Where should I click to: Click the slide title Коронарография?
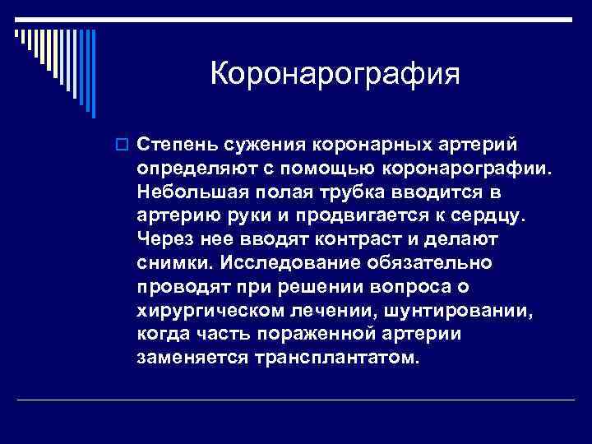click(335, 74)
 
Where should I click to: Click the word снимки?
click(173, 263)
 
